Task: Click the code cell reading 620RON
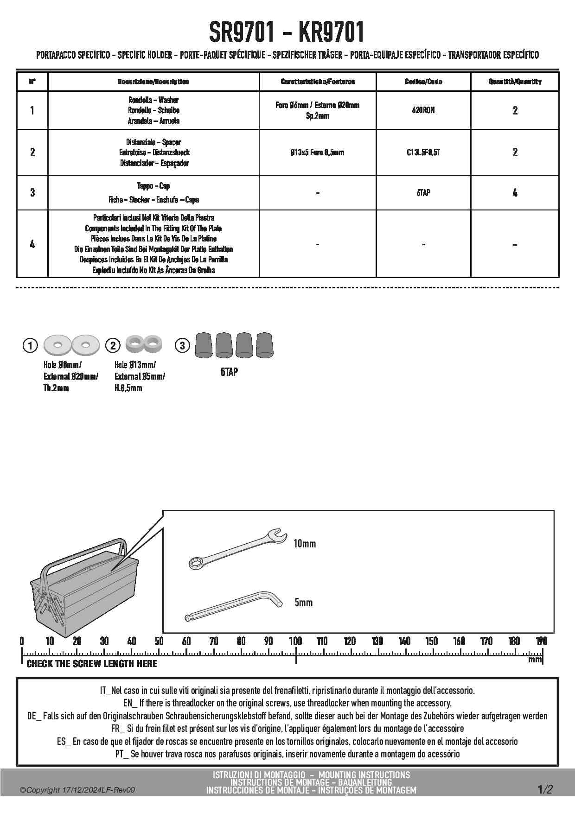pyautogui.click(x=423, y=110)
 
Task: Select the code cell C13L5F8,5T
pyautogui.click(x=423, y=152)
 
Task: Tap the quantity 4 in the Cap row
pyautogui.click(x=515, y=192)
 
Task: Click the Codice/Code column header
pyautogui.click(x=423, y=82)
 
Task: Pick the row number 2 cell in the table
pyautogui.click(x=32, y=152)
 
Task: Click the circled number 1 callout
pyautogui.click(x=30, y=345)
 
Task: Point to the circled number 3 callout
pyautogui.click(x=182, y=345)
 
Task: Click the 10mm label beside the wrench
pyautogui.click(x=305, y=543)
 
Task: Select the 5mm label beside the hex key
pyautogui.click(x=304, y=603)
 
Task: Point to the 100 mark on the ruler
pyautogui.click(x=295, y=642)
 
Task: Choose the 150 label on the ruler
pyautogui.click(x=432, y=642)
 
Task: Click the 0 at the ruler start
pyautogui.click(x=22, y=642)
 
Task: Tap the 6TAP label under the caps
pyautogui.click(x=229, y=372)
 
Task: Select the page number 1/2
pyautogui.click(x=545, y=789)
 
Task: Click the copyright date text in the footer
pyautogui.click(x=77, y=790)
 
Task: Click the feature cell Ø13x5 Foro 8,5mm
pyautogui.click(x=317, y=152)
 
